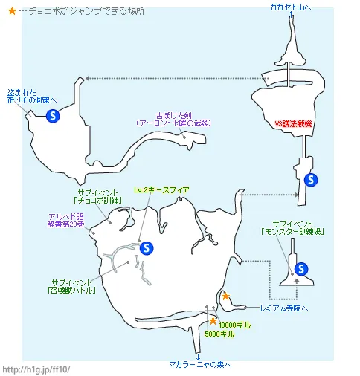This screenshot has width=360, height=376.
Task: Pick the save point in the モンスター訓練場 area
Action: coord(301,268)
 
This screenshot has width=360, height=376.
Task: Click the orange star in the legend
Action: coord(11,12)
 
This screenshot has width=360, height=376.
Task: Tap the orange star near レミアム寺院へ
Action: coord(226,297)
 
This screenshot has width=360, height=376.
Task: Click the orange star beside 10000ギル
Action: coord(213,321)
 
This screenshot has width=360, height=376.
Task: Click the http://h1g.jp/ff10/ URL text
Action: coord(37,369)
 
